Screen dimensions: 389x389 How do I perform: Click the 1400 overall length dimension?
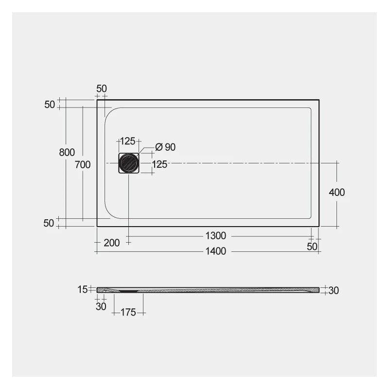click(x=215, y=251)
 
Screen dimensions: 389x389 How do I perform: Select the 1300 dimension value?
click(x=215, y=236)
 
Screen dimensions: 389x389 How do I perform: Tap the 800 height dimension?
click(x=67, y=152)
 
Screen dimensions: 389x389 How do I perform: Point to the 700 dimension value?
click(x=83, y=165)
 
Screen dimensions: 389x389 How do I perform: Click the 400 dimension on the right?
click(x=336, y=193)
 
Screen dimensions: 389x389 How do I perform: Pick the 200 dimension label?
click(x=112, y=243)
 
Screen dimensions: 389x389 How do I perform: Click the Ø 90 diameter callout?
click(x=165, y=147)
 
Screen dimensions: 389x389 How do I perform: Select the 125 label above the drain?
click(x=127, y=141)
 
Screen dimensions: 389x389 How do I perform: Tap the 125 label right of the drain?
click(x=159, y=164)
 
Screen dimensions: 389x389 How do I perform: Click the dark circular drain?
click(x=128, y=163)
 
